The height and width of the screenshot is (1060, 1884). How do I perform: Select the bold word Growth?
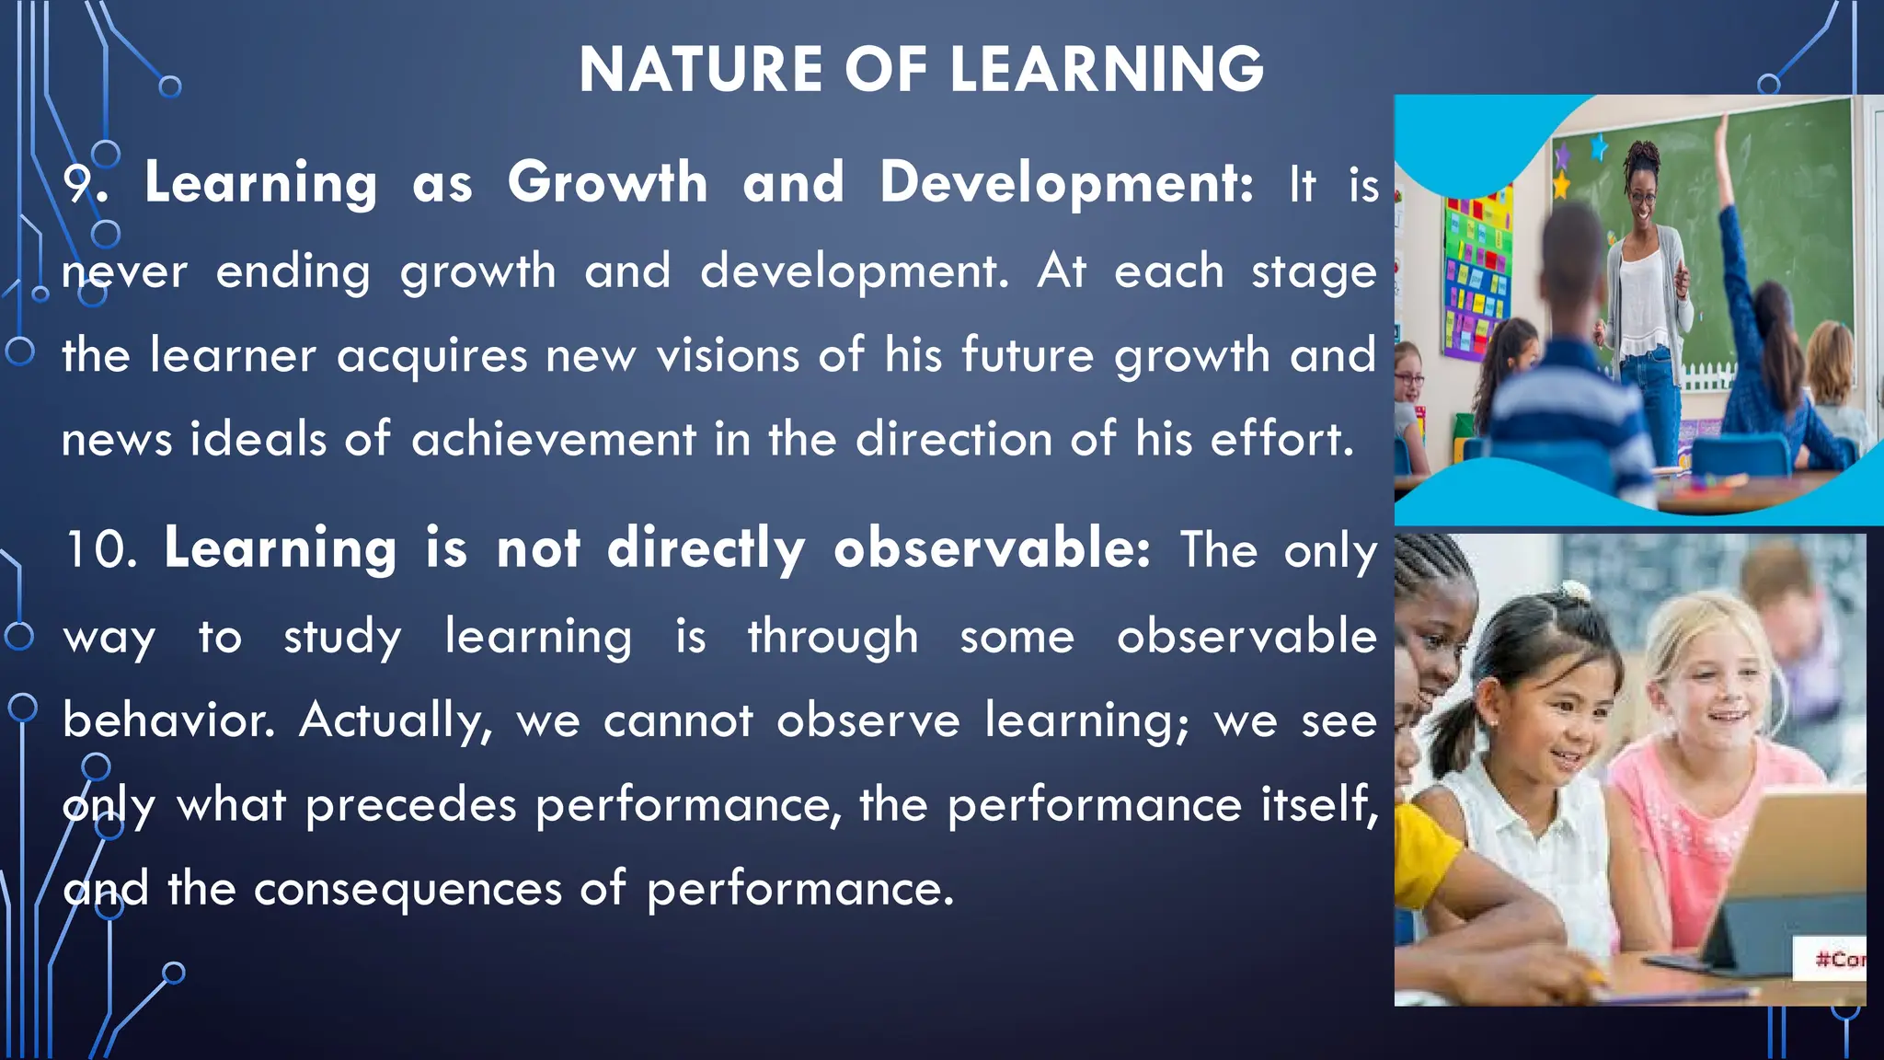click(x=607, y=181)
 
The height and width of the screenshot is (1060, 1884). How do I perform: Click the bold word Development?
click(x=1066, y=183)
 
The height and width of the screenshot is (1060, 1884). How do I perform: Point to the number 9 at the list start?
click(x=77, y=183)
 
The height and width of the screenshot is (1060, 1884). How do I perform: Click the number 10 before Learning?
click(x=99, y=549)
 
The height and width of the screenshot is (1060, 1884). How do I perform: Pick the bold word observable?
click(x=992, y=549)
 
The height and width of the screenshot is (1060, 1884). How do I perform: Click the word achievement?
click(x=553, y=440)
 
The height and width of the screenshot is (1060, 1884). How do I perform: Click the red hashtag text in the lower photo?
click(x=1839, y=960)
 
